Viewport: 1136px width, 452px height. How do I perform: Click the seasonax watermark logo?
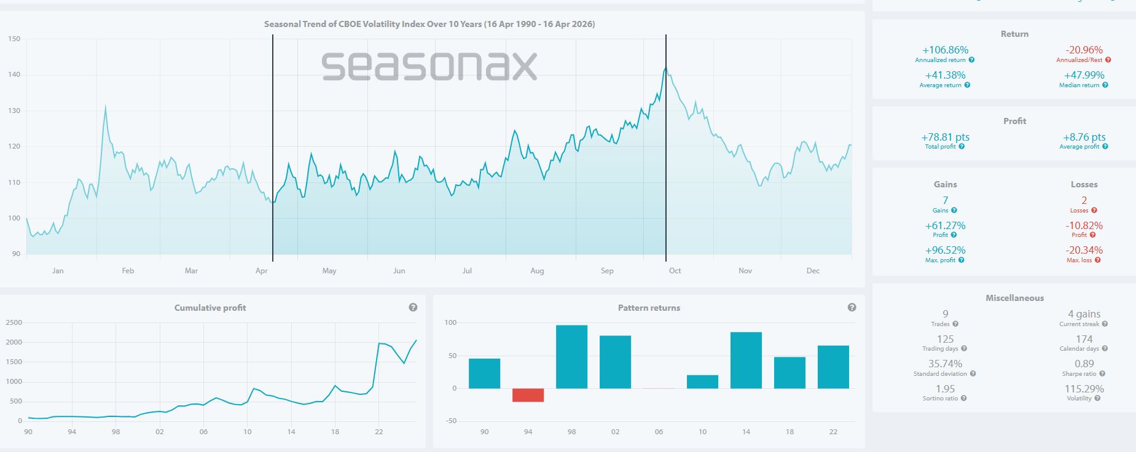click(429, 66)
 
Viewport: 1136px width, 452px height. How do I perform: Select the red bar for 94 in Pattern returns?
click(528, 395)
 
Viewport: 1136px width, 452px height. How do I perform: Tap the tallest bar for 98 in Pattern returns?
click(571, 357)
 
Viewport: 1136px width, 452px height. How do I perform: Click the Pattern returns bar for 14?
click(746, 360)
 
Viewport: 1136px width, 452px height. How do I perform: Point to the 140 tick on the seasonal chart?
click(14, 75)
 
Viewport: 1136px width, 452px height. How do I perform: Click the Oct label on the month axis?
click(675, 271)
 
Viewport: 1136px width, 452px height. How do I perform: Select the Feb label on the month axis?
click(128, 271)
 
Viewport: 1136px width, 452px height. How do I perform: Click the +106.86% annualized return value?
click(945, 50)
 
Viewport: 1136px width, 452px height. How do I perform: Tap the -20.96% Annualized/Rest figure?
click(1084, 50)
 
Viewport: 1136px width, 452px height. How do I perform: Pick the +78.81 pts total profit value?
click(945, 138)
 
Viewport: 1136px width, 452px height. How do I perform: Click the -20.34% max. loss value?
click(1084, 251)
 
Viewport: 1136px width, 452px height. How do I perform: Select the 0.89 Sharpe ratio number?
click(1084, 364)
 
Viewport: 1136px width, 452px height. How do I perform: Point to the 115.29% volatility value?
click(1084, 389)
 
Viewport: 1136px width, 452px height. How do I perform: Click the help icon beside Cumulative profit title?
click(413, 307)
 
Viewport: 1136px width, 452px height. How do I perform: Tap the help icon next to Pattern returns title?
click(852, 307)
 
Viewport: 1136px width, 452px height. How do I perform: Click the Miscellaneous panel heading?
click(1014, 298)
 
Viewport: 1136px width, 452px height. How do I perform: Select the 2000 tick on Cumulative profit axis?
click(14, 342)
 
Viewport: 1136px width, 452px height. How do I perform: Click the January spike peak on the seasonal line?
click(105, 107)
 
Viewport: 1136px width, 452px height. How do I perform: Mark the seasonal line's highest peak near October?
click(665, 68)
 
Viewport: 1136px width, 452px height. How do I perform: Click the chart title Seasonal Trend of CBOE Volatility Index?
click(429, 25)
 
